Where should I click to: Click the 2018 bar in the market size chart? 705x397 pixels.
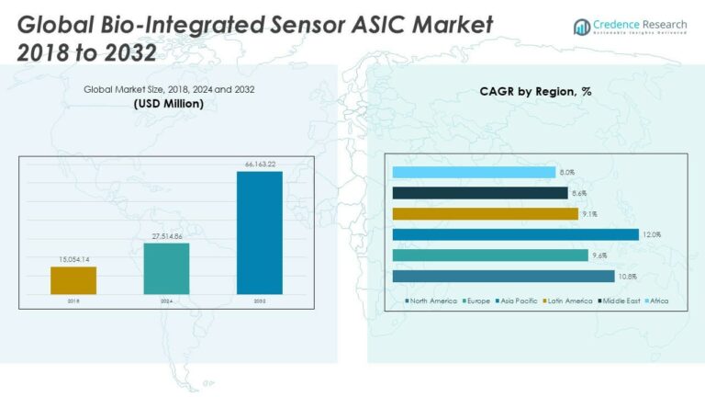point(73,280)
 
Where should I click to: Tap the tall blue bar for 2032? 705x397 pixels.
point(260,233)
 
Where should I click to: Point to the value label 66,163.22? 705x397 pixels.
point(260,164)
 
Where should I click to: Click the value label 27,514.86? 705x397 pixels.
point(166,236)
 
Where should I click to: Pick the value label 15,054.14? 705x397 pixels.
point(73,260)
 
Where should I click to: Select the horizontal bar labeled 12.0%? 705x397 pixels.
point(515,234)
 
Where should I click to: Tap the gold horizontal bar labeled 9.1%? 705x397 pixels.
point(485,213)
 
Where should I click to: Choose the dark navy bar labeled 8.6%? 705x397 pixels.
point(480,193)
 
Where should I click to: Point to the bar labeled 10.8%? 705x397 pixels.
point(509,276)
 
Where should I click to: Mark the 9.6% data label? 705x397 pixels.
point(600,255)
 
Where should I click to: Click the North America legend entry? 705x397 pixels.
point(431,301)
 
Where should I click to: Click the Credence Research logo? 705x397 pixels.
point(630,27)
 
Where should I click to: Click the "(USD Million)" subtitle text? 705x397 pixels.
point(169,104)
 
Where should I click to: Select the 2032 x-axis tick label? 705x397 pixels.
point(260,301)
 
